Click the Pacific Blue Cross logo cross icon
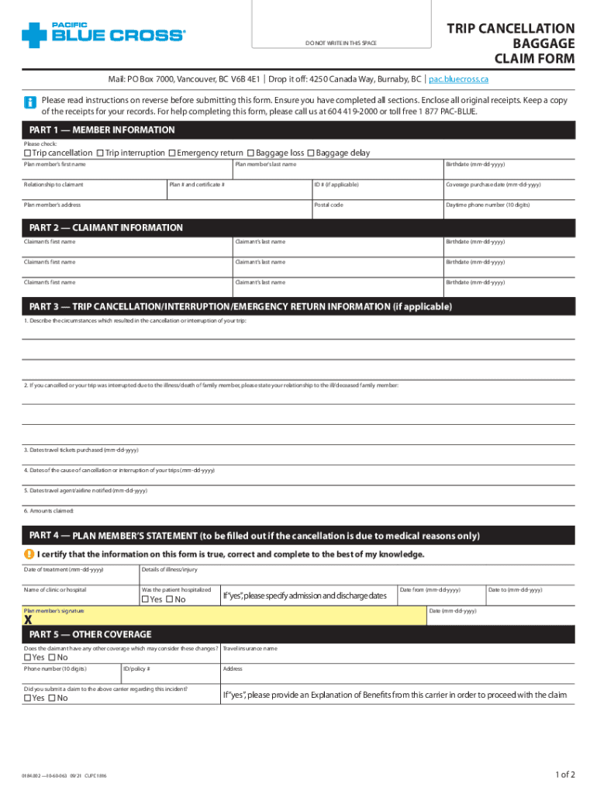click(35, 35)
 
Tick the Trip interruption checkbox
click(101, 154)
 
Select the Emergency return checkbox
click(172, 154)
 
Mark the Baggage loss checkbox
click(251, 154)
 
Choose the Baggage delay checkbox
click(311, 154)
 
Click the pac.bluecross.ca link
click(458, 79)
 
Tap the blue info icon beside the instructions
click(30, 102)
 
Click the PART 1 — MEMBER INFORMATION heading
click(102, 129)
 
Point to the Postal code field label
click(329, 205)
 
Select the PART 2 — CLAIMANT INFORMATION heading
click(105, 228)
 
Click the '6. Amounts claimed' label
click(48, 511)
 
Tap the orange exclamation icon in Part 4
click(29, 554)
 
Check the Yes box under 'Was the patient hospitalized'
click(144, 599)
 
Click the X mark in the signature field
click(28, 620)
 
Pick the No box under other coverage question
click(52, 658)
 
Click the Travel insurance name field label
click(250, 648)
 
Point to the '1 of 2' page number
click(565, 775)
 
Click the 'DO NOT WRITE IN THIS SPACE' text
click(340, 43)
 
